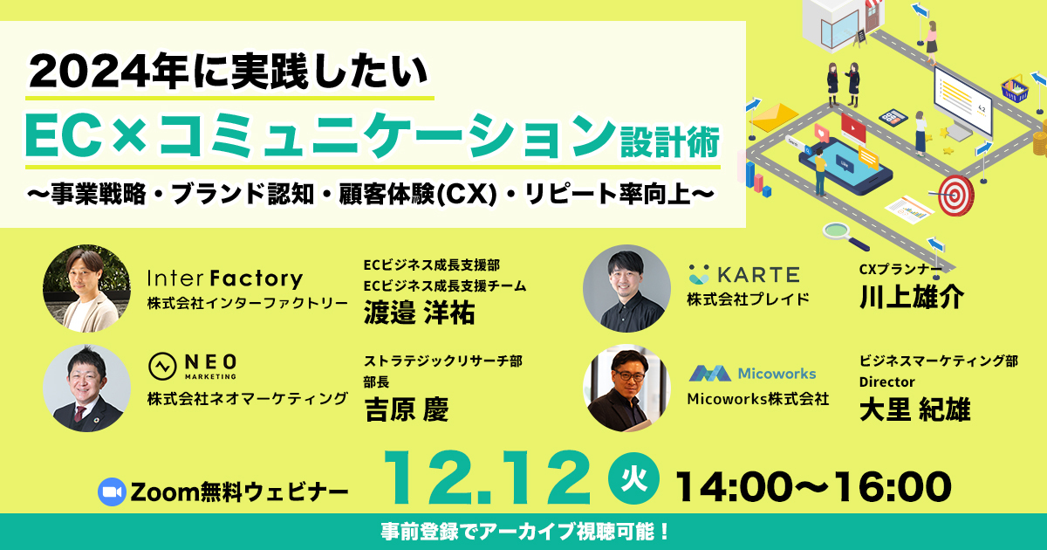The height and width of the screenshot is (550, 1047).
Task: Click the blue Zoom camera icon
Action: pos(112,492)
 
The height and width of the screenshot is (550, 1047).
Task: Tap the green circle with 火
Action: pos(633,478)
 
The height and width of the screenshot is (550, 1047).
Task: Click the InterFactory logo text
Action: pos(225,278)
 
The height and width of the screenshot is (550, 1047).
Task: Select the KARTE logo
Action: pos(744,274)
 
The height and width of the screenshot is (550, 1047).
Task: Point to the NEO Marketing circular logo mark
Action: pos(162,366)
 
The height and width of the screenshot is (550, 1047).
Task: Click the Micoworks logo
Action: pos(752,374)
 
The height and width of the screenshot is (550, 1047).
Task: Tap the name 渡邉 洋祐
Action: pos(420,313)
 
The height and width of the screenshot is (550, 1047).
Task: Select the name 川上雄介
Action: pos(912,296)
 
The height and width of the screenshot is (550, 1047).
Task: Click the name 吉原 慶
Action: pos(407,409)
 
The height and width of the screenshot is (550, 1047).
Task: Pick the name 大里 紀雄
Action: pos(914,409)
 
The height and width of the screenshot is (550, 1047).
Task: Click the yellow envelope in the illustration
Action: pos(774,117)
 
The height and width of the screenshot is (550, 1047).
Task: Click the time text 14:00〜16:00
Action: pos(813,487)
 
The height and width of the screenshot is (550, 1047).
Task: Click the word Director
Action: pos(886,382)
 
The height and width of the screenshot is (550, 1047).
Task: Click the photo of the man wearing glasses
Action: pos(626,388)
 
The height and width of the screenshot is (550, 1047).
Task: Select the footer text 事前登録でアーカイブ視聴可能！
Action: pos(525,532)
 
